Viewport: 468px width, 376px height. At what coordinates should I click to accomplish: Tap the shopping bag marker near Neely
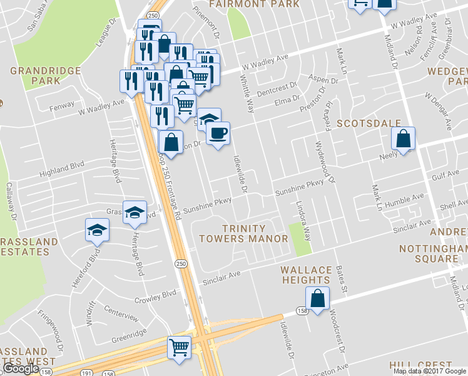point(404,140)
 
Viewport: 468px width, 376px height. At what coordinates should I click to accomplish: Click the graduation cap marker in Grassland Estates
point(97,229)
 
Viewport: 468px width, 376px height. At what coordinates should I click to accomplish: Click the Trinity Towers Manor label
point(243,233)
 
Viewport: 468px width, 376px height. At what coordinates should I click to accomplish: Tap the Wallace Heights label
point(306,274)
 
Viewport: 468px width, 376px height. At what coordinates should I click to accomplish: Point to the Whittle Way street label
point(247,93)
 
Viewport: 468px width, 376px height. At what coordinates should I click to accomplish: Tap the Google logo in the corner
point(21,369)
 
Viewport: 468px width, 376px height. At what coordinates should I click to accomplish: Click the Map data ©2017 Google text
point(429,371)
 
